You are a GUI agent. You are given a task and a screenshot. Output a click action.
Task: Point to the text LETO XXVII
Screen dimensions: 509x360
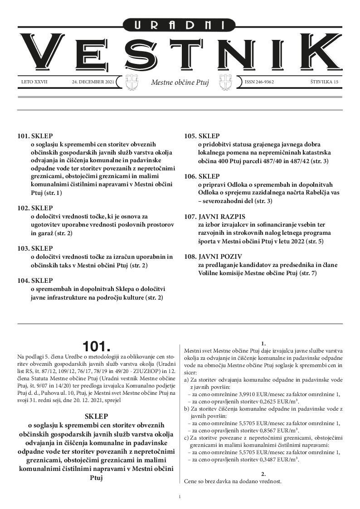coord(34,82)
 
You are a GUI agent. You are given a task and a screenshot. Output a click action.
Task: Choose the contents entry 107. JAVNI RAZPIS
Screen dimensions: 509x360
coord(214,216)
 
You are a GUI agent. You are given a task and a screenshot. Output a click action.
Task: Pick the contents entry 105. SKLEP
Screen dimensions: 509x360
coord(202,136)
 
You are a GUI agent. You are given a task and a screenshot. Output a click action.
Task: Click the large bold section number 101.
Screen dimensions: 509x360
coord(97,346)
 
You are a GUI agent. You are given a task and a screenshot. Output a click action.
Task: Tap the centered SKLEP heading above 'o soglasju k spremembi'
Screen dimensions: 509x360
coord(97,416)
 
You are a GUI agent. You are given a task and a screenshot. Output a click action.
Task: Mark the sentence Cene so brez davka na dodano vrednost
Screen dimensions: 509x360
coord(233,481)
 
